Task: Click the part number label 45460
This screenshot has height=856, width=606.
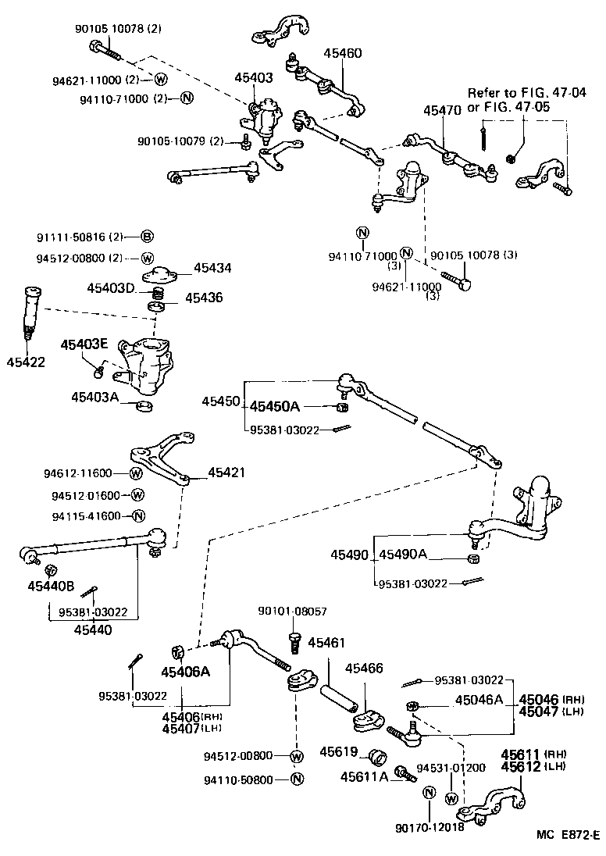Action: (343, 53)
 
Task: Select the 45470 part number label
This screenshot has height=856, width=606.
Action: (442, 111)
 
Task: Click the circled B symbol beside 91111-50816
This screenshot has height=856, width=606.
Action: (147, 237)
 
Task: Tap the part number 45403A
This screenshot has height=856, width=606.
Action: (94, 397)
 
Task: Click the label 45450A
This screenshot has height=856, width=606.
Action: (274, 406)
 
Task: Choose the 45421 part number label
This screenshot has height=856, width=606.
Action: (226, 473)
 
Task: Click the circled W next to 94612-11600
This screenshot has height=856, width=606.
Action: (136, 473)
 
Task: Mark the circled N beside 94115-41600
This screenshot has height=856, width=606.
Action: (138, 516)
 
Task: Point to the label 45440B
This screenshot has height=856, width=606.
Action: (51, 585)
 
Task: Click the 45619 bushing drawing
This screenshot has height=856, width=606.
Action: (380, 756)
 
